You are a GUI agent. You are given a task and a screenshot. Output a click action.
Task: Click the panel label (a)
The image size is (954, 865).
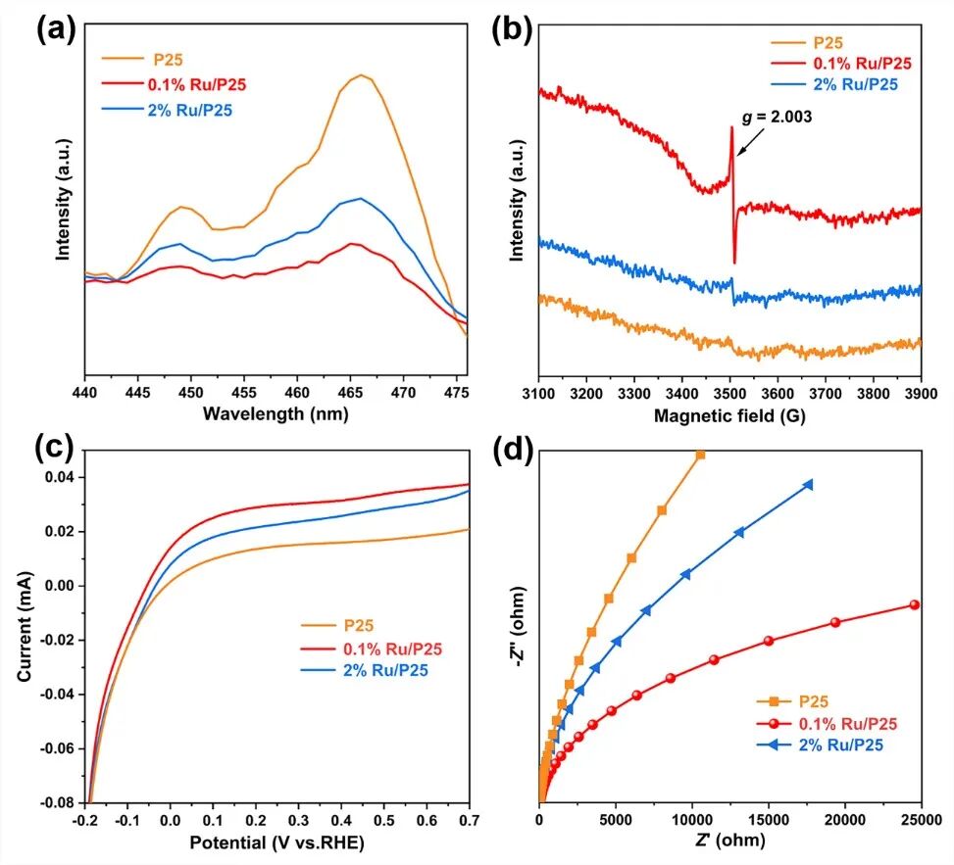tap(56, 28)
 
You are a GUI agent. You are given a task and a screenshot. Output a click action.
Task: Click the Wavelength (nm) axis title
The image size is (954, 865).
tap(276, 413)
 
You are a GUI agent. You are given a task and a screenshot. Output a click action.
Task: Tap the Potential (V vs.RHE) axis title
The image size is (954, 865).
tap(276, 840)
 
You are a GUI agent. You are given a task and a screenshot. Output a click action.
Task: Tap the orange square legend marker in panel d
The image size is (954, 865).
tap(775, 700)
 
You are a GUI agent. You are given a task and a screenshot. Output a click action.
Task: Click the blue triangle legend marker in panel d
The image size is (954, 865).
tap(775, 745)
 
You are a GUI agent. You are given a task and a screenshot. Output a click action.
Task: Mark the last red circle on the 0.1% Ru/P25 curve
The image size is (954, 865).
tap(914, 604)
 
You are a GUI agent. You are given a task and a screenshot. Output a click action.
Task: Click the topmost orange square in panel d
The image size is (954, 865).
tap(700, 454)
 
